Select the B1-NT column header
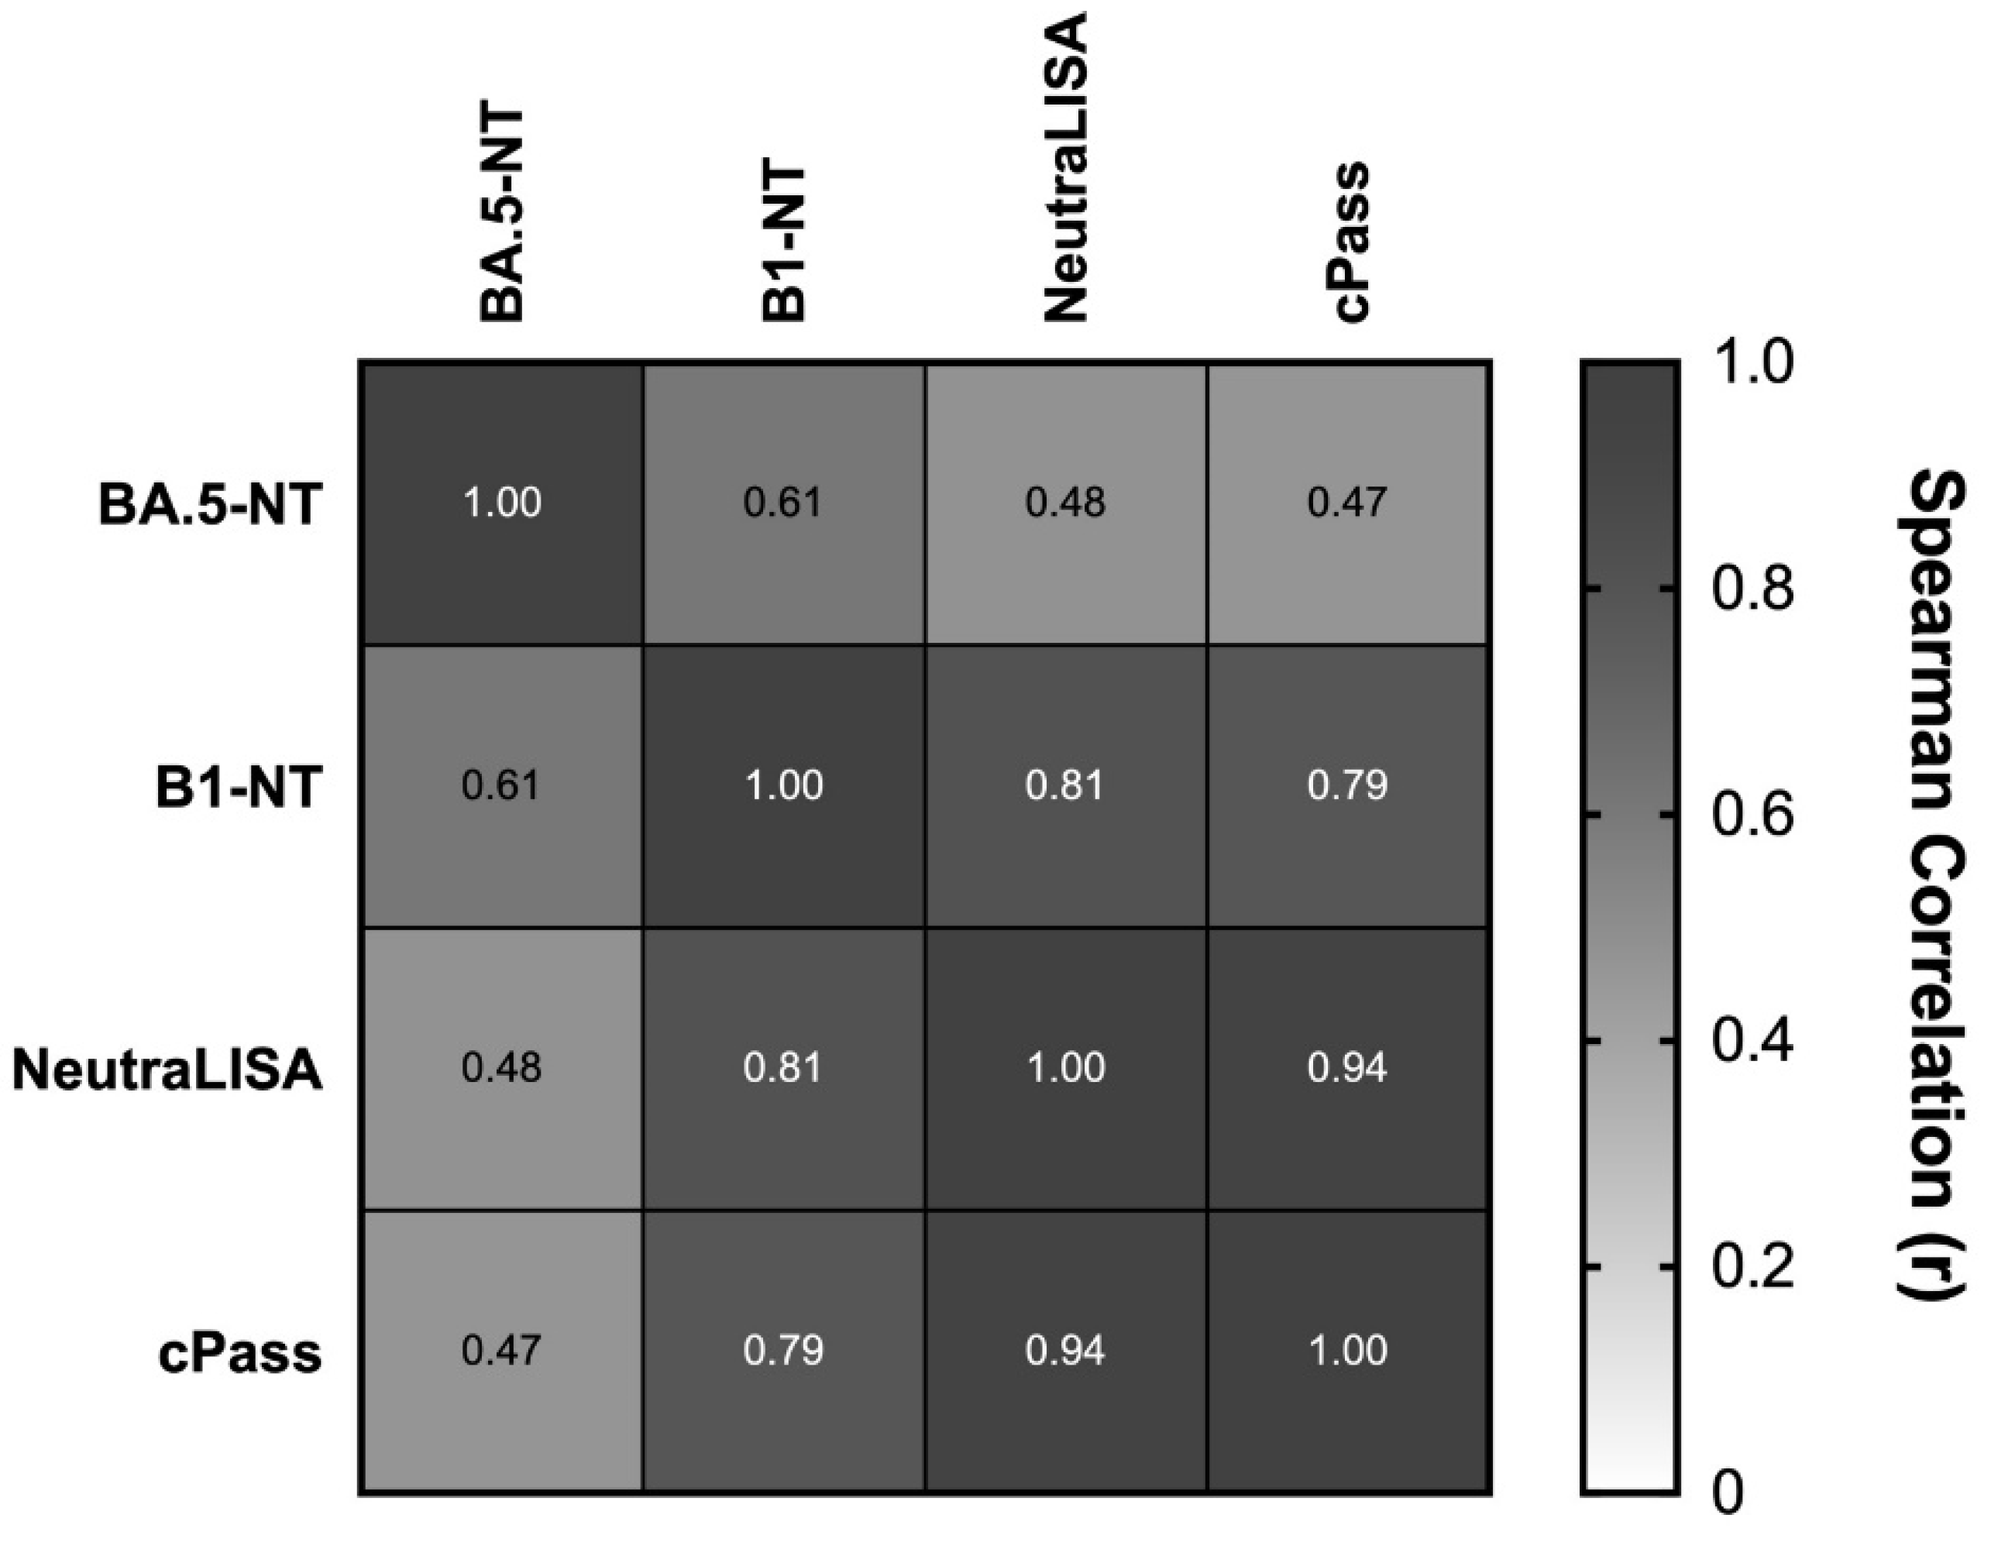[x=784, y=242]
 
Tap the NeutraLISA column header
[x=1064, y=168]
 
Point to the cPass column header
[x=1350, y=241]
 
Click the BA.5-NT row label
[x=210, y=504]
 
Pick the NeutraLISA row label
[x=167, y=1069]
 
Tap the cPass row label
[x=239, y=1352]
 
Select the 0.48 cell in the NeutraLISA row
[x=501, y=1068]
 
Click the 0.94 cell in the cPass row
[x=1064, y=1351]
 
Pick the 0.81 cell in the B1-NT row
[x=1064, y=785]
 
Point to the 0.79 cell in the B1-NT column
[x=783, y=1351]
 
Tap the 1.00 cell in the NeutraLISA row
[x=1064, y=1068]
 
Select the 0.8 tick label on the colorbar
[x=1752, y=589]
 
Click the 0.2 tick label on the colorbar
[x=1752, y=1267]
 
